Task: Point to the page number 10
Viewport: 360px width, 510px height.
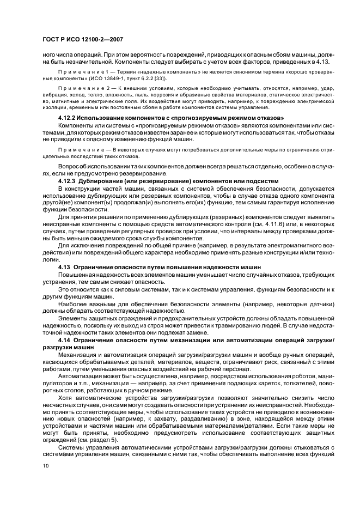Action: [x=45, y=465]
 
